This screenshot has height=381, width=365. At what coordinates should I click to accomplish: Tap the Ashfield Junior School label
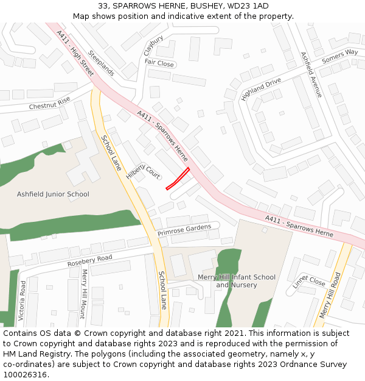(53, 194)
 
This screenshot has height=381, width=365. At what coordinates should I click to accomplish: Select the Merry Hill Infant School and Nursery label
(237, 281)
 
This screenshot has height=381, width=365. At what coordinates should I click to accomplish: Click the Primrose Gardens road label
(184, 230)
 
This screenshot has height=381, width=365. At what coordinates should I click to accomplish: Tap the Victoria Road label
(22, 301)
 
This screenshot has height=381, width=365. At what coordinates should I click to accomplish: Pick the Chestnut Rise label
(50, 104)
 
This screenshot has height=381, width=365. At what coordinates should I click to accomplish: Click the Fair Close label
(159, 63)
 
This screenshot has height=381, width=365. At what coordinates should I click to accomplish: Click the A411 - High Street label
(75, 53)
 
